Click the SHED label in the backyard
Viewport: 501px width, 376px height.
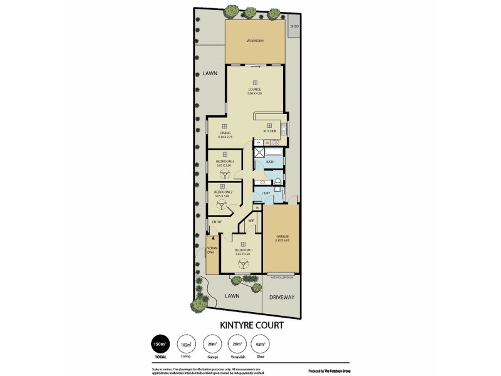(x=294, y=27)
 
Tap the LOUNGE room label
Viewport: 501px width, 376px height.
(x=255, y=89)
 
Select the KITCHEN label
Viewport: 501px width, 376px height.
(x=269, y=130)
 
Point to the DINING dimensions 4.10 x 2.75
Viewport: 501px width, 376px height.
(x=225, y=137)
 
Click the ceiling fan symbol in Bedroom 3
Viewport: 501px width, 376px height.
(x=225, y=177)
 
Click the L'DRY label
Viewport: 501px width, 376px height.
(x=265, y=192)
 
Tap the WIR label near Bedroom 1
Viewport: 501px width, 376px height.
(x=250, y=220)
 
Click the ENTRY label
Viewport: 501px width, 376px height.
(x=217, y=222)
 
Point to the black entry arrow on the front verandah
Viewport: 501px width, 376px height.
(x=213, y=237)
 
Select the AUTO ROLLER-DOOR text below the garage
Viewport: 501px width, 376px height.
(x=281, y=276)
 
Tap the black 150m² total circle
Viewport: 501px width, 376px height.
(x=160, y=344)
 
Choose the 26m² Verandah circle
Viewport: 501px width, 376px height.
(x=237, y=344)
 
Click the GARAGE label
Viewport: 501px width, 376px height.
(x=281, y=236)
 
